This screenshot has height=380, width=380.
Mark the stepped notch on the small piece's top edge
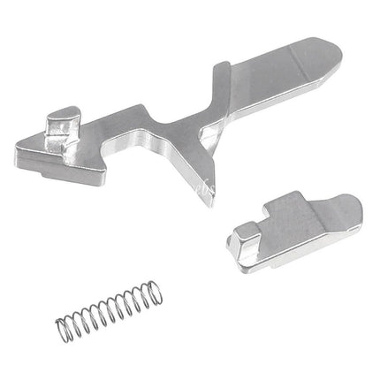272,213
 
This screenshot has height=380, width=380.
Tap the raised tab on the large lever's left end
60,123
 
